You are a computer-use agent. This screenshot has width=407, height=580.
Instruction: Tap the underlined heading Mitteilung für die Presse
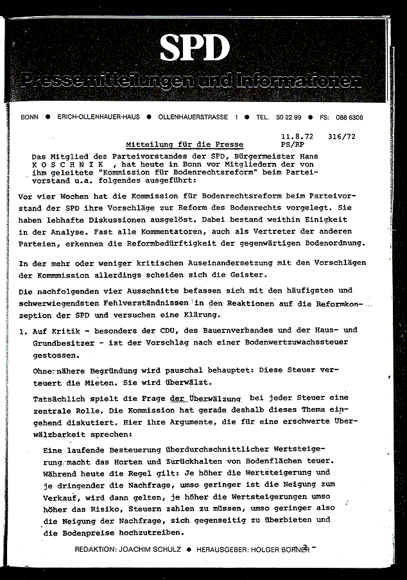(184, 145)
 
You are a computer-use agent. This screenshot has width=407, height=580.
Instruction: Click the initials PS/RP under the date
(292, 146)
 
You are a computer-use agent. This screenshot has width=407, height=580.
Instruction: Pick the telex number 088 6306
(351, 117)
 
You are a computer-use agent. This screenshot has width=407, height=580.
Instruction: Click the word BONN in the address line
(30, 117)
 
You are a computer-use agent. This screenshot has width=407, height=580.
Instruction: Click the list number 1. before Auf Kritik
(24, 330)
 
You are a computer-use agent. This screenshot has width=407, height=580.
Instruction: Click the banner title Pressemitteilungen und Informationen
(191, 81)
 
